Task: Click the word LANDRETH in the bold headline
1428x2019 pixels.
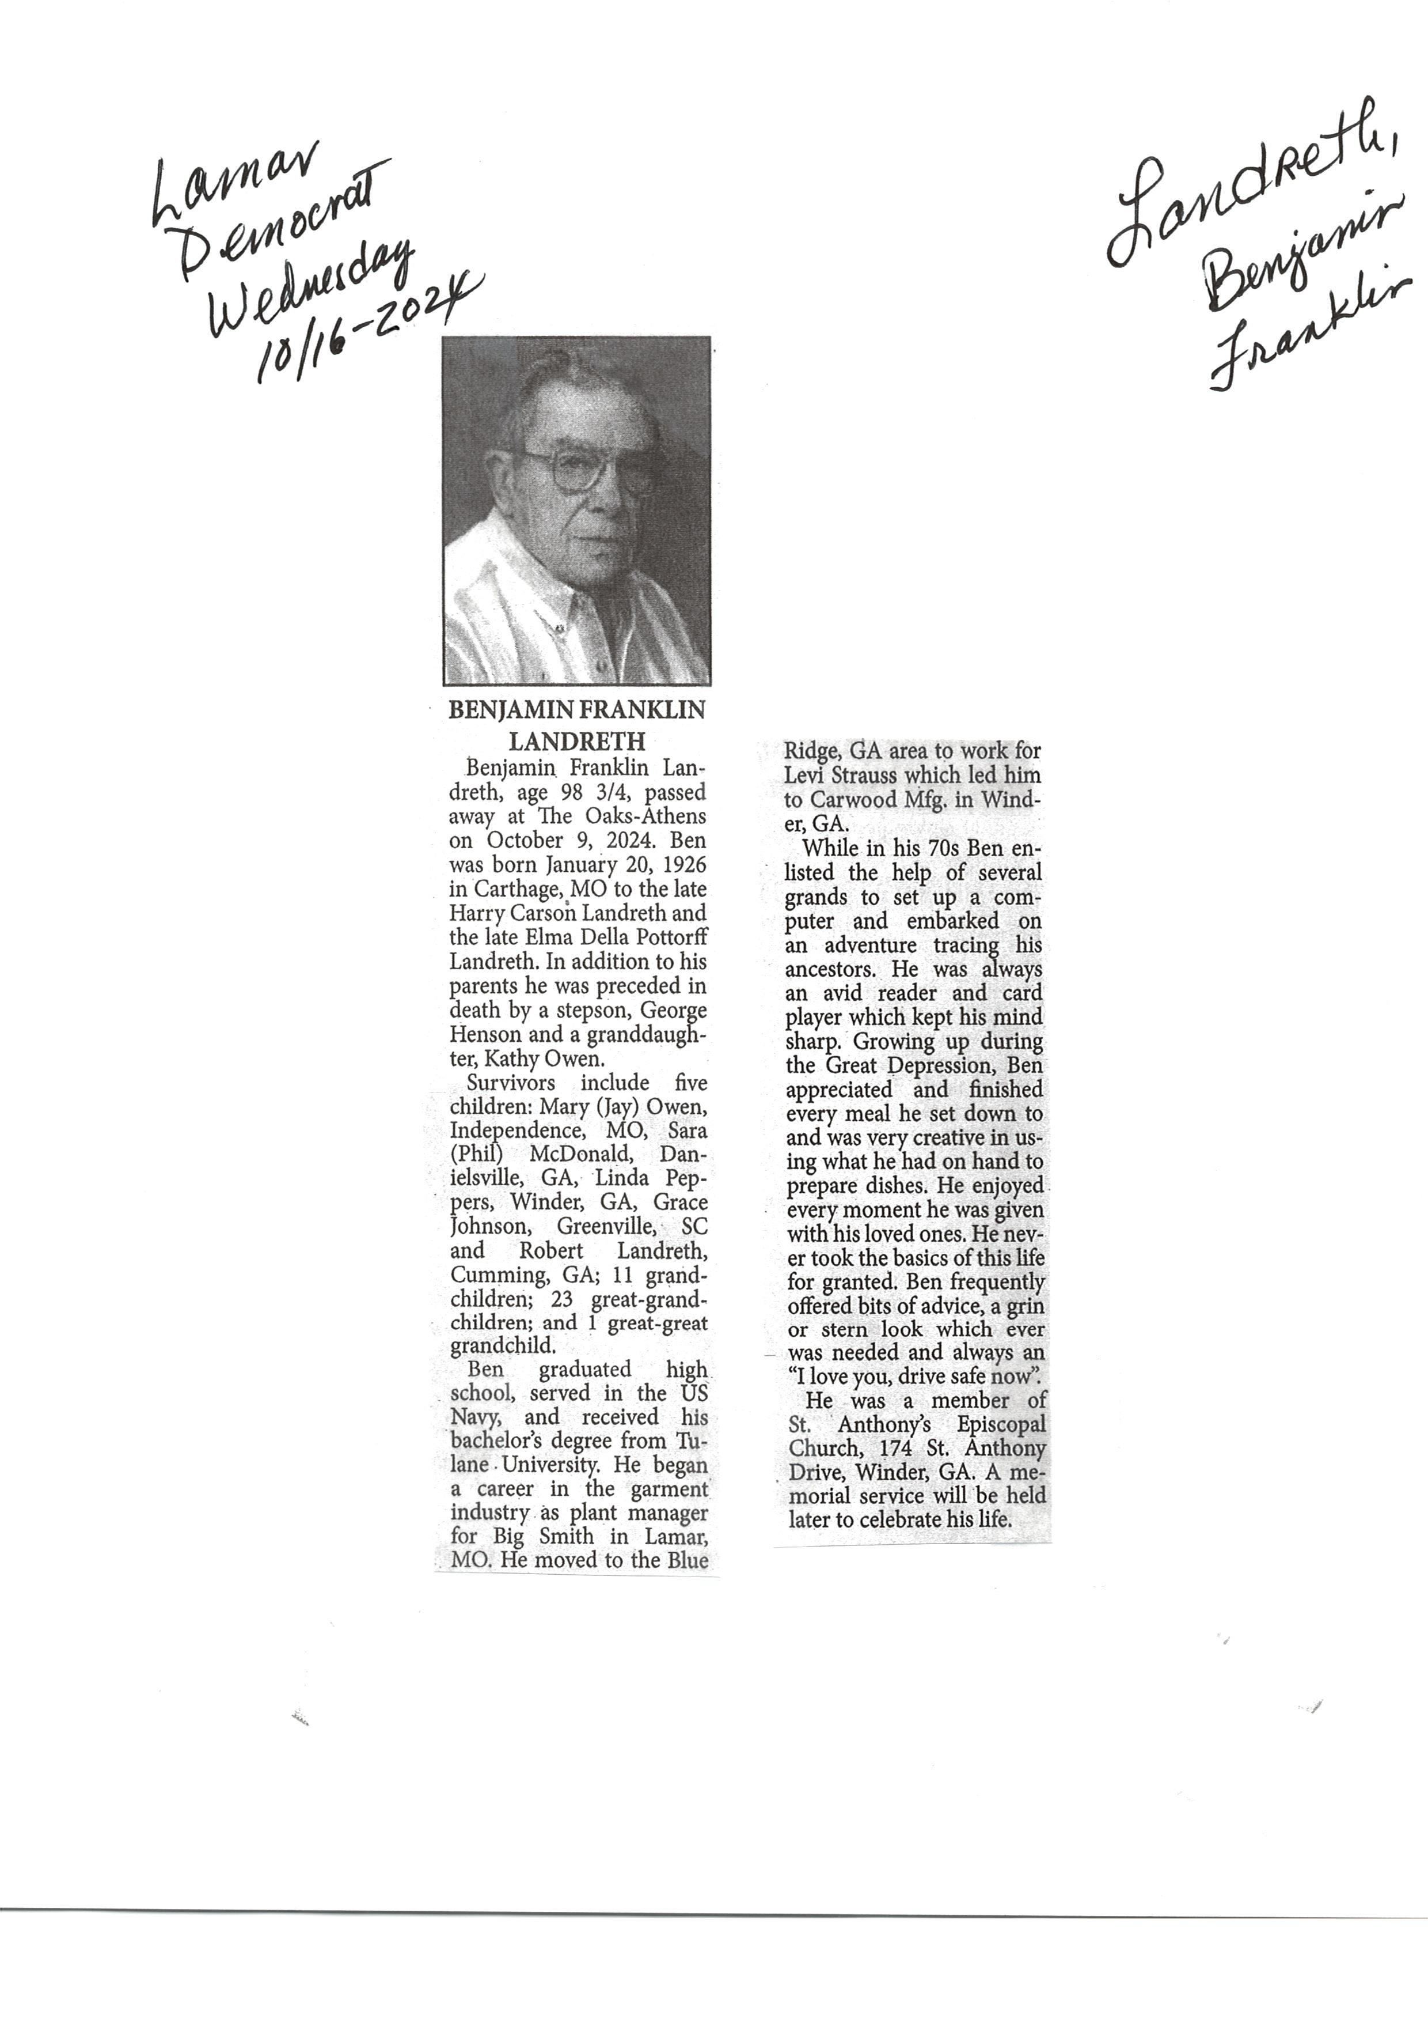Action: [577, 741]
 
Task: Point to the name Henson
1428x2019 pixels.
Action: [484, 1035]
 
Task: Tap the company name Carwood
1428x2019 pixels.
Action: [854, 800]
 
